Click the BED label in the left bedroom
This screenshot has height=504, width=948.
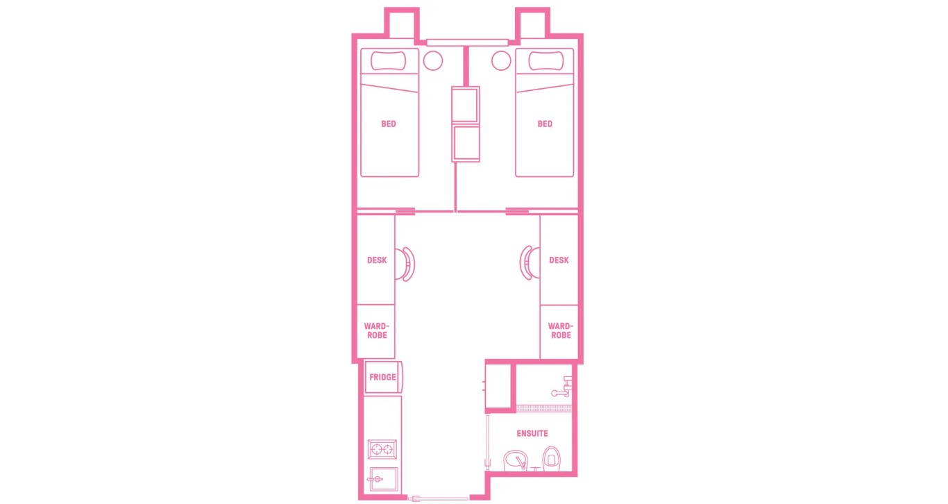(389, 124)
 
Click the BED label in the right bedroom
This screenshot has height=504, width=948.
(545, 124)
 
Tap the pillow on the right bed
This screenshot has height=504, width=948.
(545, 61)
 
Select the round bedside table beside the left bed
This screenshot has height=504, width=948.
(433, 61)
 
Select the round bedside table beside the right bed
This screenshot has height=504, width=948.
(501, 61)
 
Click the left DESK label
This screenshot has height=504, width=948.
(377, 260)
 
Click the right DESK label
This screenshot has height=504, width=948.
(559, 260)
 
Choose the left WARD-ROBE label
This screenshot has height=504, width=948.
(376, 330)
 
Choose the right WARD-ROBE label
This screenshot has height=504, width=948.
(559, 330)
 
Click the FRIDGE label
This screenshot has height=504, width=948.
(382, 378)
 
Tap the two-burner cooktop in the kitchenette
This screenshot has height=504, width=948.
(382, 450)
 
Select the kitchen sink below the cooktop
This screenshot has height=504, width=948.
(382, 480)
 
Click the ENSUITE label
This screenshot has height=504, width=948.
(532, 434)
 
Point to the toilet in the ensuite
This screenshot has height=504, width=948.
(552, 458)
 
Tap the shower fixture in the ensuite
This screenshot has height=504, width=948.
(564, 387)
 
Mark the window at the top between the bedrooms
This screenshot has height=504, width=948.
(467, 42)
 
